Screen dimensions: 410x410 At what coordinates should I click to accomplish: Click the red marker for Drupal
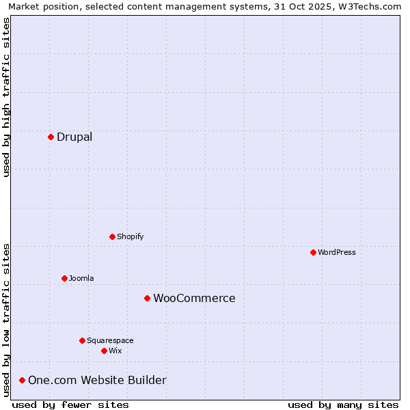point(51,137)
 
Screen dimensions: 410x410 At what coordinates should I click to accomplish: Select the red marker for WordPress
point(313,252)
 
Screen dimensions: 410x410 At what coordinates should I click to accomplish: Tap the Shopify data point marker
point(112,236)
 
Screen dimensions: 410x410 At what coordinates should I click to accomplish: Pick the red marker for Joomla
point(64,278)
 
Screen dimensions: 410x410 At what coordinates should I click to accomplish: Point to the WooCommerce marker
point(147,298)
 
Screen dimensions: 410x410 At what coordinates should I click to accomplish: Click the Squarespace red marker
point(82,340)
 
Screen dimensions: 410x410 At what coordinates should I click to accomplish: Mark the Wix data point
point(104,351)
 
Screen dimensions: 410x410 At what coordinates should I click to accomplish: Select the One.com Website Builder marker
point(22,380)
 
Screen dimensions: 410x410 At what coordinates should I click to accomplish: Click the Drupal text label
point(74,137)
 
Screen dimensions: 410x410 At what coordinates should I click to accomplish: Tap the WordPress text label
point(337,252)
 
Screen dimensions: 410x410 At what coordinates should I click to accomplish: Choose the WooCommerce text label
point(194,298)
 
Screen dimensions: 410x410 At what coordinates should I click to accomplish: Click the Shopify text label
point(130,236)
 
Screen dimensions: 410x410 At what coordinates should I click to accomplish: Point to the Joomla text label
point(81,278)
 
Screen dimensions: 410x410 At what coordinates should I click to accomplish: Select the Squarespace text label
point(110,340)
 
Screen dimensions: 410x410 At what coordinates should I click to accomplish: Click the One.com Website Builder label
point(97,380)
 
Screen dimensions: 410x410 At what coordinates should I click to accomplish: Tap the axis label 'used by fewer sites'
point(70,405)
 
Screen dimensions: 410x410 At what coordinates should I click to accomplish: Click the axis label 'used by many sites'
point(343,405)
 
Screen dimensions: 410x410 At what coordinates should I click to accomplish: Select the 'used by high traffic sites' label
point(6,97)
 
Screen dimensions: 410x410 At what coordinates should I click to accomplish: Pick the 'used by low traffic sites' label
point(6,320)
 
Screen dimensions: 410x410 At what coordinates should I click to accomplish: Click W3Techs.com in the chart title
point(372,6)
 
